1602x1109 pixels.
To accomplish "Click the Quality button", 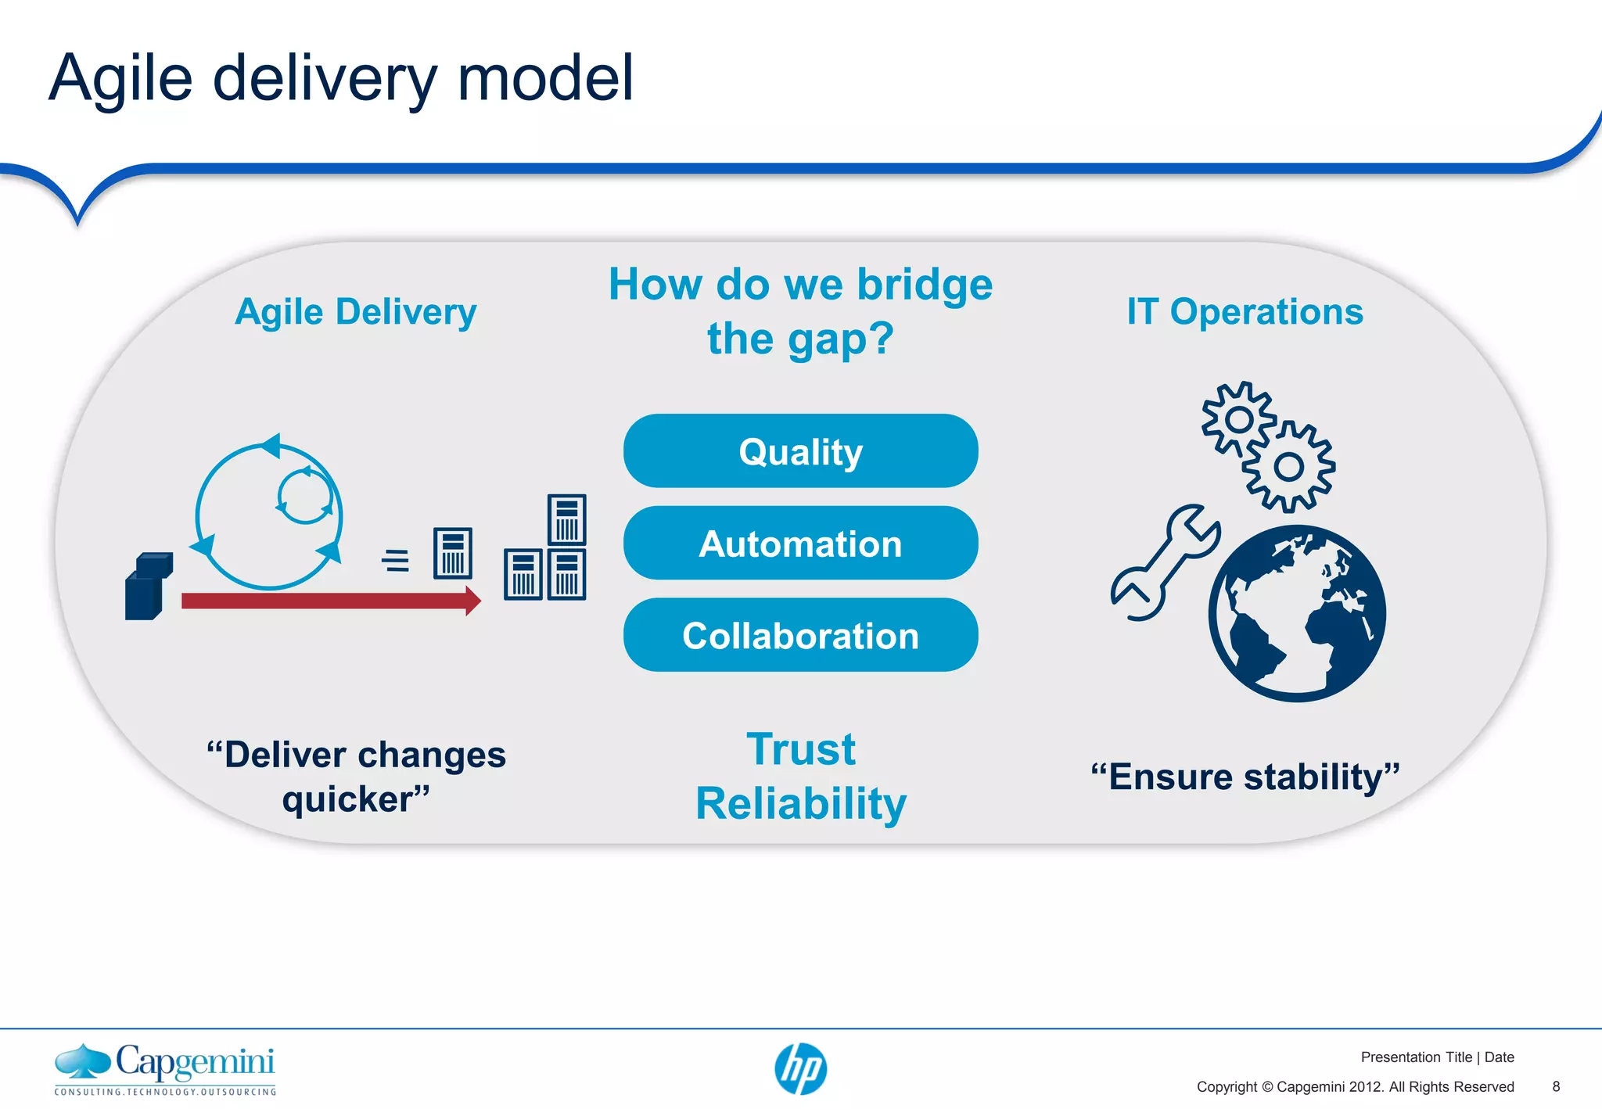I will (800, 451).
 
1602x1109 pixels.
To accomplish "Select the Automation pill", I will (800, 544).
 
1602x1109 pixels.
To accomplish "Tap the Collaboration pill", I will (800, 635).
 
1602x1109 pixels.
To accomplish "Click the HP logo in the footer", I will (800, 1069).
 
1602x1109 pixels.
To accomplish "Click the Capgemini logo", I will (165, 1068).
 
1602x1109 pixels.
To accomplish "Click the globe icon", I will (1297, 613).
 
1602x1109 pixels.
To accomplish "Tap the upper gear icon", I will (1238, 420).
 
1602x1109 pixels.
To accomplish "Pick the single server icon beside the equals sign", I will (453, 553).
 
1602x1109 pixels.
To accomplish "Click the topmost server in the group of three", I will (566, 519).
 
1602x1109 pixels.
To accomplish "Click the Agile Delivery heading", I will (356, 311).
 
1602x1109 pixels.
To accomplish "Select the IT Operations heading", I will (1245, 311).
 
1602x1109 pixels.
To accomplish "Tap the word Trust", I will (800, 749).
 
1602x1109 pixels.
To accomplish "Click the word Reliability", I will (800, 803).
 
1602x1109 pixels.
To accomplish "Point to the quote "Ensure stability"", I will (1245, 777).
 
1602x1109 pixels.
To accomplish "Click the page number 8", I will (1556, 1086).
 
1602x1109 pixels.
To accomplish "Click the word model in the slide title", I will (545, 78).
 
